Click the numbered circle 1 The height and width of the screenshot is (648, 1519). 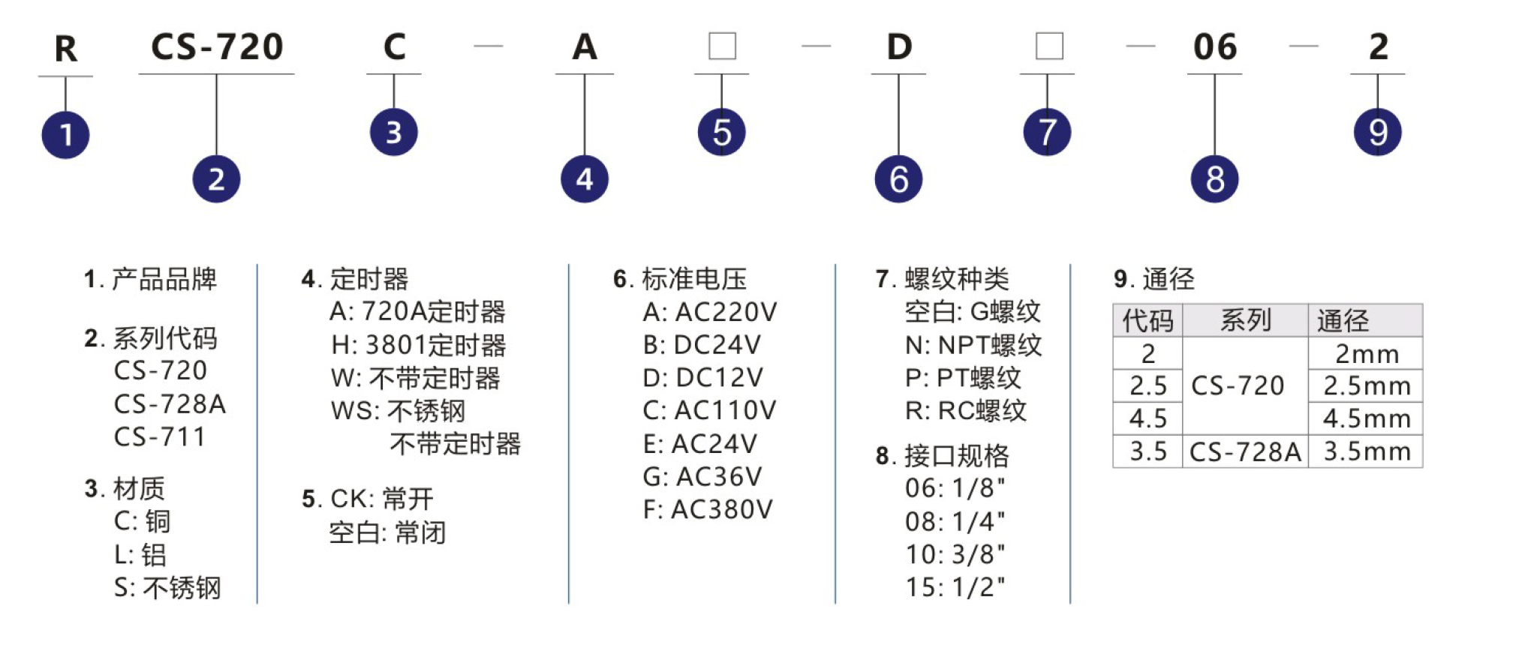pos(65,135)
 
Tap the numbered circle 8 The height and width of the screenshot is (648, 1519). pos(1214,179)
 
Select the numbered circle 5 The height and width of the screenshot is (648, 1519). pos(721,133)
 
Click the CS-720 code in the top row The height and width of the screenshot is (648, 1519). pos(217,46)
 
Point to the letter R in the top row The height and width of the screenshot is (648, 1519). pos(66,49)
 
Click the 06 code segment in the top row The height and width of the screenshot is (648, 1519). pos(1215,47)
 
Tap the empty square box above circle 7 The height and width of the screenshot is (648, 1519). pos(1049,46)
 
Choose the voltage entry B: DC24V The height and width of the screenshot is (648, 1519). pos(702,344)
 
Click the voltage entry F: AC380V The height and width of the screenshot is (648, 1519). pos(708,509)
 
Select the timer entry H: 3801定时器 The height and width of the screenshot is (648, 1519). pos(419,345)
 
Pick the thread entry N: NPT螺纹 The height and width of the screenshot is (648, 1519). pos(973,345)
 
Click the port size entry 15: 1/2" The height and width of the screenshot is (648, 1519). pos(955,586)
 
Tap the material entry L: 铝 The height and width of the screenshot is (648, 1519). pos(140,554)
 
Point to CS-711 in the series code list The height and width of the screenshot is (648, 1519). pos(160,436)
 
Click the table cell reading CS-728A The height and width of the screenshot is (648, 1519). pos(1245,451)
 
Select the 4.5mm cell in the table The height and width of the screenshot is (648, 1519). pos(1367,418)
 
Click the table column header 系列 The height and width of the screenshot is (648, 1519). pos(1245,320)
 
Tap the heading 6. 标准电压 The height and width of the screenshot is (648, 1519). pos(680,279)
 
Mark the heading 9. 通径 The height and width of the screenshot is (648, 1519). pos(1154,279)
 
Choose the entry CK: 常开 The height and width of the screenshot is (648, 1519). pos(382,499)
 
